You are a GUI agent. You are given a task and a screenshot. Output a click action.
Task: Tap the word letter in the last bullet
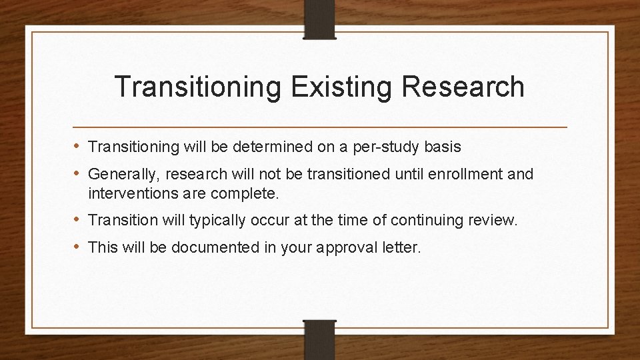coord(402,248)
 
